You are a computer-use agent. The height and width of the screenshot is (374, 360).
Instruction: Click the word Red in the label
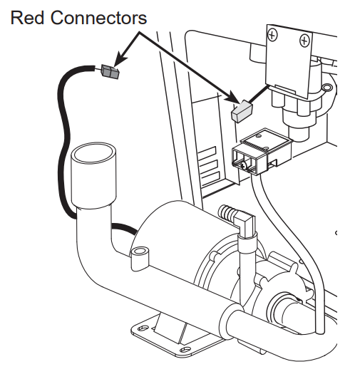[26, 16]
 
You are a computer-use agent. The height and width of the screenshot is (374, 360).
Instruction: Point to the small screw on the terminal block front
[244, 165]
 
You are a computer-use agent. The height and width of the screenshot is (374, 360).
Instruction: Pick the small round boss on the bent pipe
[140, 252]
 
